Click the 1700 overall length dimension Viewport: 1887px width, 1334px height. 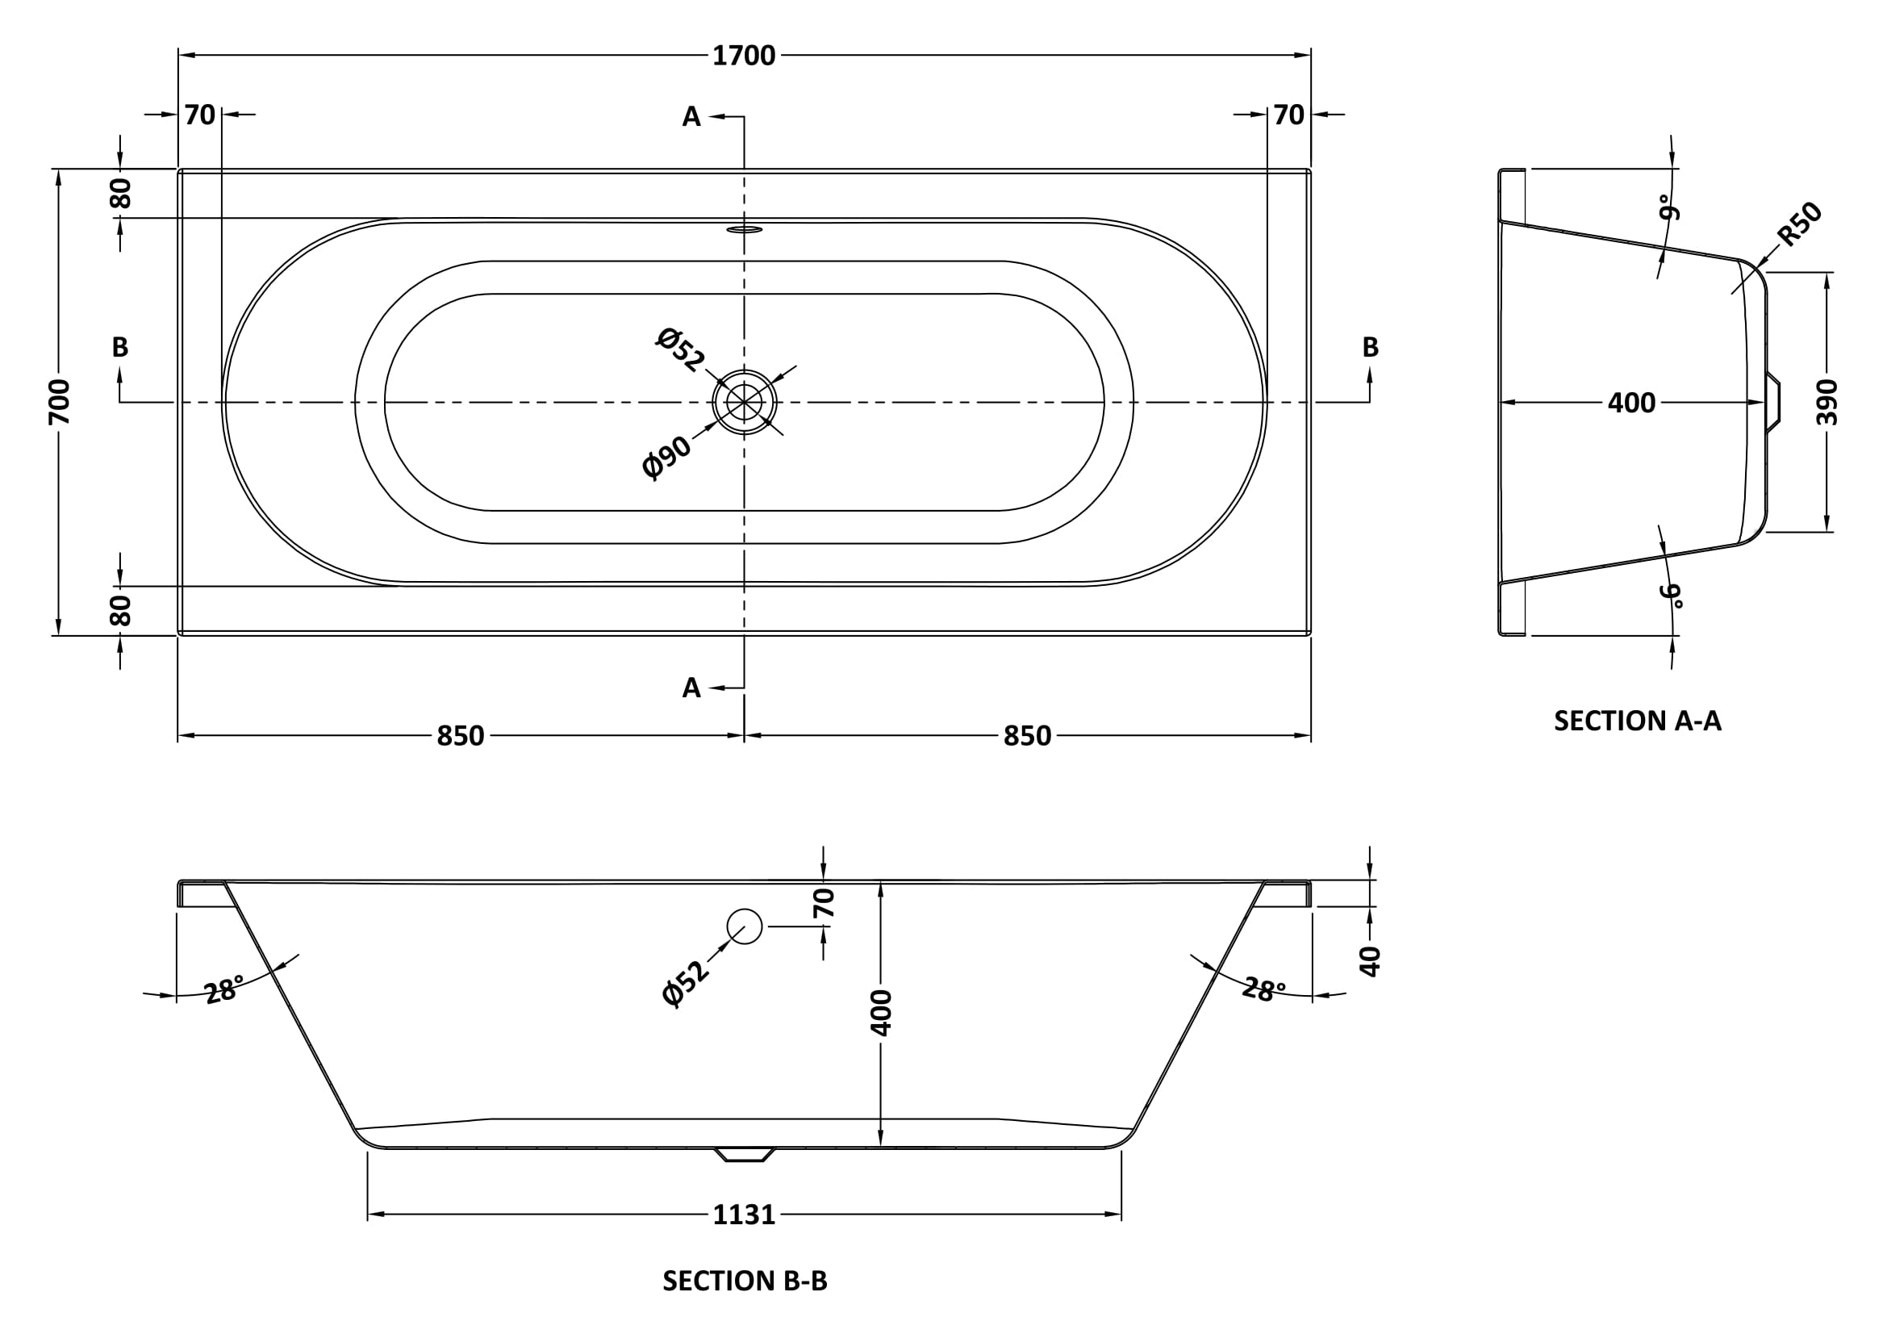point(743,56)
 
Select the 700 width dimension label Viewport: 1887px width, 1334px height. point(59,401)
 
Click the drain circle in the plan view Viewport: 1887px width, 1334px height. point(744,402)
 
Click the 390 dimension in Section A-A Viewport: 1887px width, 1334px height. point(1826,401)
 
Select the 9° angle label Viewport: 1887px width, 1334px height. point(1668,207)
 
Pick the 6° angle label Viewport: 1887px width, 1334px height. point(1670,595)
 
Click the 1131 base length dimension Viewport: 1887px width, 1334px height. point(744,1214)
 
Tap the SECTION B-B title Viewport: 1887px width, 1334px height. point(744,1281)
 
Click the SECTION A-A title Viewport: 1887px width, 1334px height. point(1636,721)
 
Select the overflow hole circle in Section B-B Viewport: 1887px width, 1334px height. point(745,926)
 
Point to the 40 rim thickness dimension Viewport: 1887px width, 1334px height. point(1370,960)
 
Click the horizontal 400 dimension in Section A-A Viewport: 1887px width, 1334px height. point(1630,403)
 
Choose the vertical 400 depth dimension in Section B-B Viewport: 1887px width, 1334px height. point(880,1013)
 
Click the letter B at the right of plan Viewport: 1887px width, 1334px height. point(1370,347)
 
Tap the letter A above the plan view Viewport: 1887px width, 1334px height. point(691,118)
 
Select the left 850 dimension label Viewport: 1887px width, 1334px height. point(460,736)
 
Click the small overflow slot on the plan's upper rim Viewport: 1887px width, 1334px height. point(744,229)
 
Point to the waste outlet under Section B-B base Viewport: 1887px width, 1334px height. point(744,1154)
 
